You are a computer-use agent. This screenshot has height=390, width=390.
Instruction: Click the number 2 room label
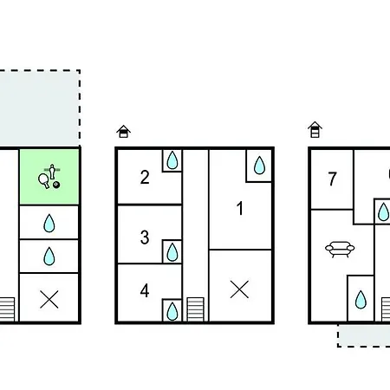pyautogui.click(x=145, y=177)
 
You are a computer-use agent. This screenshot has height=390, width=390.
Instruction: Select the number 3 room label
pyautogui.click(x=145, y=237)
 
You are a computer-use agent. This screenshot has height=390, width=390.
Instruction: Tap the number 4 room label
pyautogui.click(x=145, y=290)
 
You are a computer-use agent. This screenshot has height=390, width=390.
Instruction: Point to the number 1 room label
pyautogui.click(x=240, y=208)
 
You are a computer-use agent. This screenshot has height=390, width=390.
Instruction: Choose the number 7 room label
pyautogui.click(x=333, y=179)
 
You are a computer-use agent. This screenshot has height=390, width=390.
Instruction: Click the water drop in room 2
pyautogui.click(x=172, y=159)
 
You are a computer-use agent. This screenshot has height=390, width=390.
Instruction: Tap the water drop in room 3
pyautogui.click(x=172, y=252)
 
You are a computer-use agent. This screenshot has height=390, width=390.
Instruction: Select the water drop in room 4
pyautogui.click(x=172, y=311)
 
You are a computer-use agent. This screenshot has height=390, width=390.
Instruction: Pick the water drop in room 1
pyautogui.click(x=259, y=166)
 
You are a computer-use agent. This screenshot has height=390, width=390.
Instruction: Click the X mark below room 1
pyautogui.click(x=239, y=289)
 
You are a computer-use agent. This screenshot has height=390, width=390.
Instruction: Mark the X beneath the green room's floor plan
pyautogui.click(x=49, y=299)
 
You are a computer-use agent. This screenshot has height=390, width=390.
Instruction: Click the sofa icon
pyautogui.click(x=340, y=249)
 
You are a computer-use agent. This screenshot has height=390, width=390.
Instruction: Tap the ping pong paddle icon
pyautogui.click(x=44, y=181)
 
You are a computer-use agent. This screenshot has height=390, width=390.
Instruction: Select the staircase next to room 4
pyautogui.click(x=196, y=309)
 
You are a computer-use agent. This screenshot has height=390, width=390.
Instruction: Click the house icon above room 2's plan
pyautogui.click(x=124, y=132)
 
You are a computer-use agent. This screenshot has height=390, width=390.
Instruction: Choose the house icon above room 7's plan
pyautogui.click(x=315, y=129)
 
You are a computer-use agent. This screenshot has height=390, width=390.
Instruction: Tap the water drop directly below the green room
pyautogui.click(x=49, y=223)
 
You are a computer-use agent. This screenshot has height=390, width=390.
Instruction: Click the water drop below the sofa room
pyautogui.click(x=361, y=300)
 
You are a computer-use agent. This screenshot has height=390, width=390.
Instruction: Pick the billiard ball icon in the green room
pyautogui.click(x=56, y=185)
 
